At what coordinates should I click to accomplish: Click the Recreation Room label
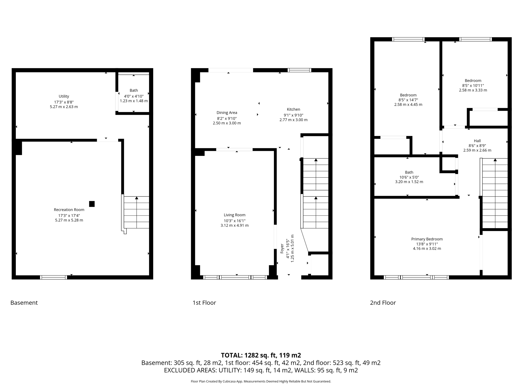69,210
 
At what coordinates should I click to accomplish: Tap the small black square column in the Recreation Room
92,204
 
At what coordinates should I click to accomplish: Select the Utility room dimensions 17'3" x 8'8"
64,102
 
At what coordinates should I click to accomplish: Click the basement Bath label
134,90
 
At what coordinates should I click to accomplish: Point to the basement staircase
136,212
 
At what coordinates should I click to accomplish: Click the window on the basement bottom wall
54,277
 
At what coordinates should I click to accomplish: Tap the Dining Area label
227,113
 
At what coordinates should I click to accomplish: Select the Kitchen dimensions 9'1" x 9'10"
293,115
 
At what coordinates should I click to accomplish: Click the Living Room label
234,215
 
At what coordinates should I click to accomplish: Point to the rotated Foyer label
282,249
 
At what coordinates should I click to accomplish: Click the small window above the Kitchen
299,70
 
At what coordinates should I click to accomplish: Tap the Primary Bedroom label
427,239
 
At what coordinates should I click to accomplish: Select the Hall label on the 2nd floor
477,141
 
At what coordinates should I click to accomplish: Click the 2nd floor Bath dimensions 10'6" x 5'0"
409,177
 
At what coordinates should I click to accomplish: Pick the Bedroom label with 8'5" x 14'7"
408,95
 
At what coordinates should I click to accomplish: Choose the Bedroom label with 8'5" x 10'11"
473,81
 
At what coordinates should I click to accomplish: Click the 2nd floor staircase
495,193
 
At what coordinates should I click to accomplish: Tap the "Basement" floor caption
24,303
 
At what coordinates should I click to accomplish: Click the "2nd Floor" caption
383,303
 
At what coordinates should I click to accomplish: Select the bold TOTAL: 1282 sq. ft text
261,355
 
